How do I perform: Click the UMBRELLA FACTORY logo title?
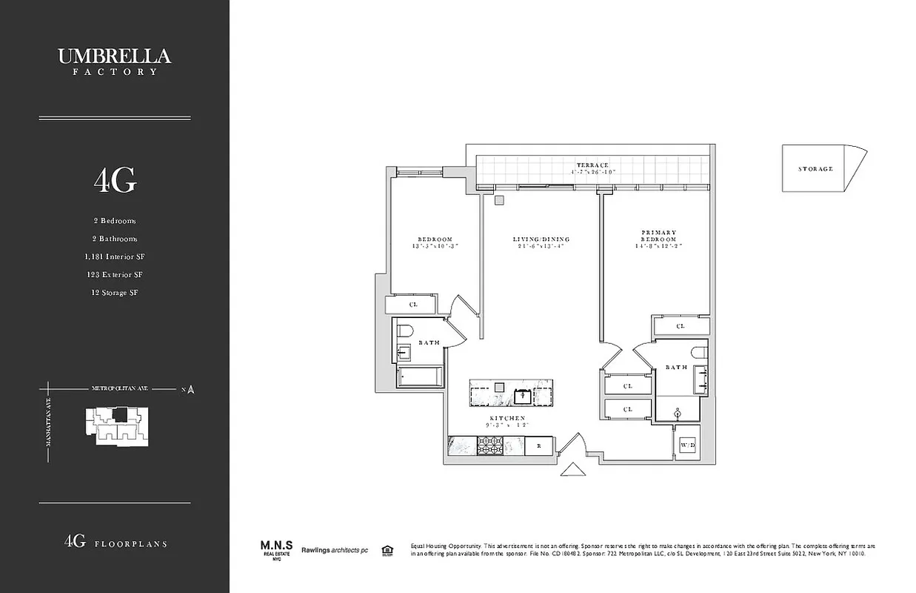(x=114, y=60)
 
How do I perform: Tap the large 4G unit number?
(x=114, y=180)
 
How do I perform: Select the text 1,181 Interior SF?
(x=114, y=256)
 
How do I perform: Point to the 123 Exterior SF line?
(x=114, y=274)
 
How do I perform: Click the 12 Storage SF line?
(x=114, y=292)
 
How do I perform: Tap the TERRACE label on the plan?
(x=593, y=165)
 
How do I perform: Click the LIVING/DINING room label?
(x=541, y=239)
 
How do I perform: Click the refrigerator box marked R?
(x=538, y=446)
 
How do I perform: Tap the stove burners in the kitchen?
(x=489, y=445)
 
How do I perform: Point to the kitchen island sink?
(x=524, y=394)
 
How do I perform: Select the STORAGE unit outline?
(x=819, y=168)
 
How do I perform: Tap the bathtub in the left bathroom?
(x=421, y=377)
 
